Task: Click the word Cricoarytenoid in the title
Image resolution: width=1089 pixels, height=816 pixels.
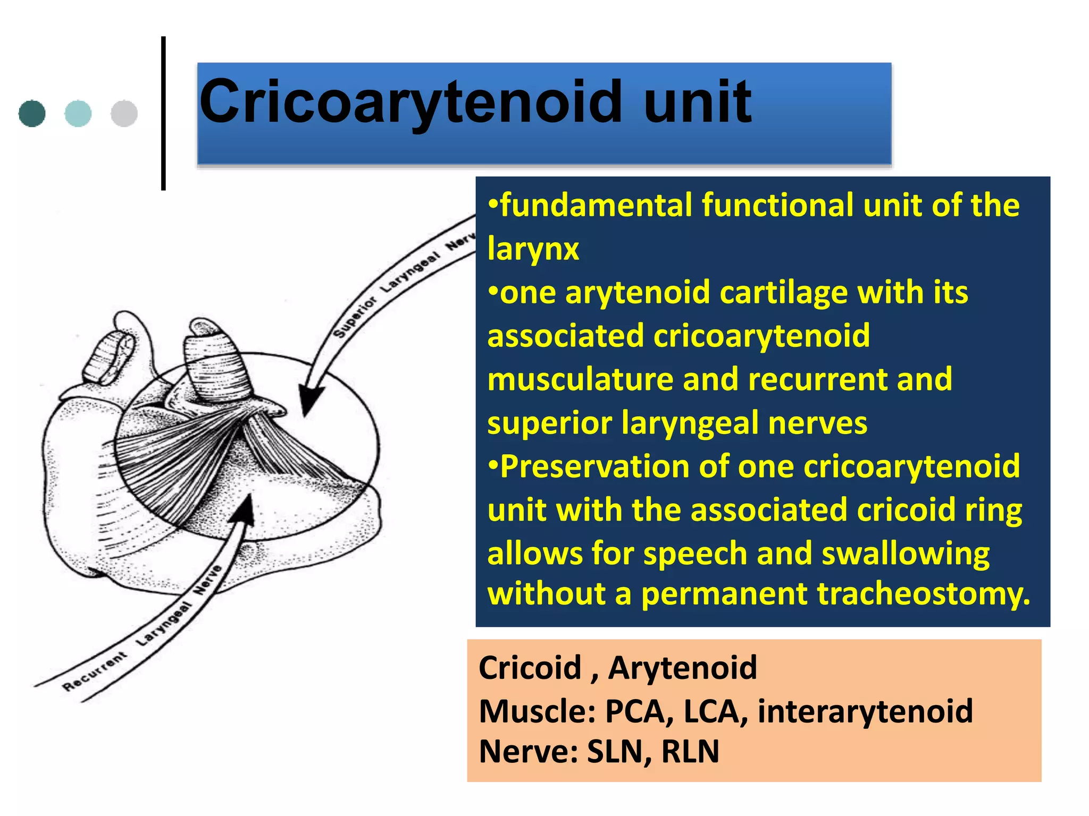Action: [410, 102]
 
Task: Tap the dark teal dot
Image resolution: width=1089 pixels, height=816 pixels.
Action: [32, 113]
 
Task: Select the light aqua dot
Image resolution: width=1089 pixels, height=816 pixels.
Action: [78, 113]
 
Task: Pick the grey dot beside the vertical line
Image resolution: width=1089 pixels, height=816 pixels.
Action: [124, 113]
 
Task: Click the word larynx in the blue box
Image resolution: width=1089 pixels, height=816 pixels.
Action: [533, 249]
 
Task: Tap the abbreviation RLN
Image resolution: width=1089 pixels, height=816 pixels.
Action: [690, 751]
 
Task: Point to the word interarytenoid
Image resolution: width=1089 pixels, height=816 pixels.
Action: [865, 711]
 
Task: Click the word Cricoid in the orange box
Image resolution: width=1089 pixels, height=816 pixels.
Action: [530, 668]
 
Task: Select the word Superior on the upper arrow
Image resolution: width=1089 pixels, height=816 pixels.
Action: [355, 318]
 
